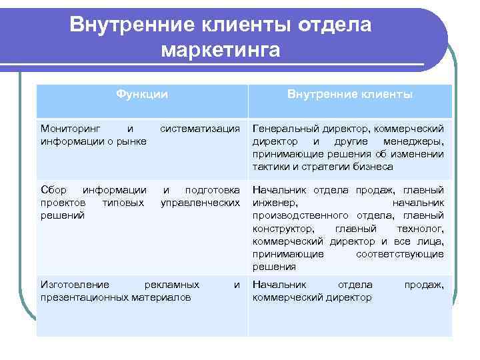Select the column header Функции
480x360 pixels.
(141, 95)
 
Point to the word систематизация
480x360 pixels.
(200, 128)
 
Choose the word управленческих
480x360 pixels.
(200, 203)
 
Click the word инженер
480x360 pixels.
(275, 203)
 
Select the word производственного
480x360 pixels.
(297, 215)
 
